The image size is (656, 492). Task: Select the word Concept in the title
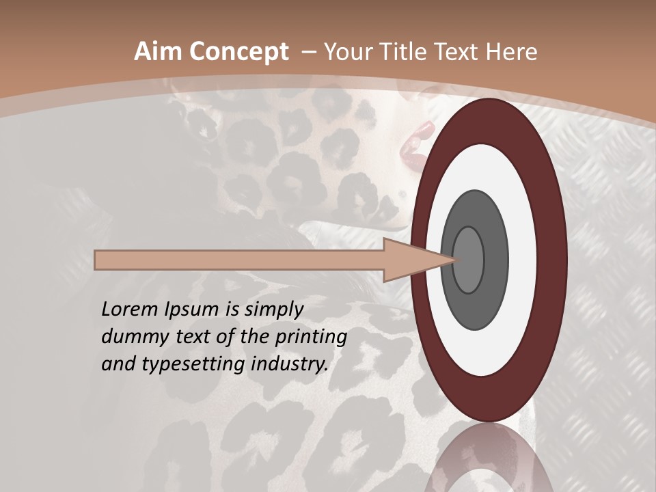238,52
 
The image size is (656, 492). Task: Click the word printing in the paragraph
311,337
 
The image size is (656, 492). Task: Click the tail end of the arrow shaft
99,260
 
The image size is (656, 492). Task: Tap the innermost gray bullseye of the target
468,260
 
